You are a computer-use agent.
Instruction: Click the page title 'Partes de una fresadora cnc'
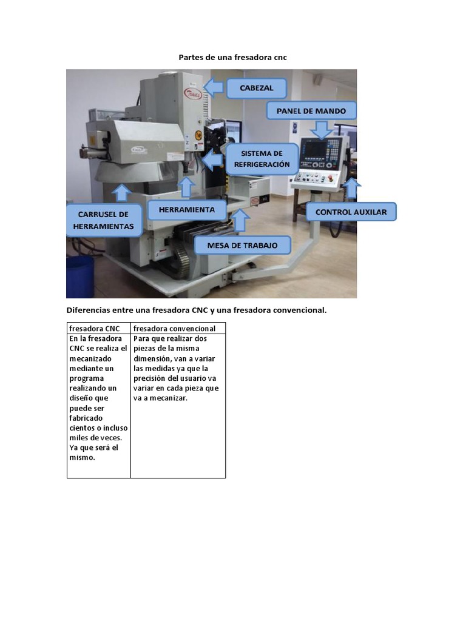coord(232,58)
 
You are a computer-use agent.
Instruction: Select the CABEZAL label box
coord(257,88)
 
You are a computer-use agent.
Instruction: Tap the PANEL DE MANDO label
coord(311,111)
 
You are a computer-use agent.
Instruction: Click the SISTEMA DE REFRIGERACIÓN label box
coord(261,159)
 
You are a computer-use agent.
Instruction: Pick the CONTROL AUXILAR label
coord(351,212)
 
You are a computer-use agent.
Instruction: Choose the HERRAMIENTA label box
coord(186,210)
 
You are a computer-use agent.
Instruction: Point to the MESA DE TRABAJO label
coord(242,246)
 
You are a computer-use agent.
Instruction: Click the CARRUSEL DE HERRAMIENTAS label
coord(103,220)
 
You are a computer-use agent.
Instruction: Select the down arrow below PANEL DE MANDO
coord(321,129)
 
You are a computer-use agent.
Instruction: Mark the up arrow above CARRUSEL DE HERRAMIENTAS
coord(122,192)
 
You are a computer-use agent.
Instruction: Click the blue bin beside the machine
coord(79,276)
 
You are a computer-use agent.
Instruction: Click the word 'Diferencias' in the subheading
coord(88,310)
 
